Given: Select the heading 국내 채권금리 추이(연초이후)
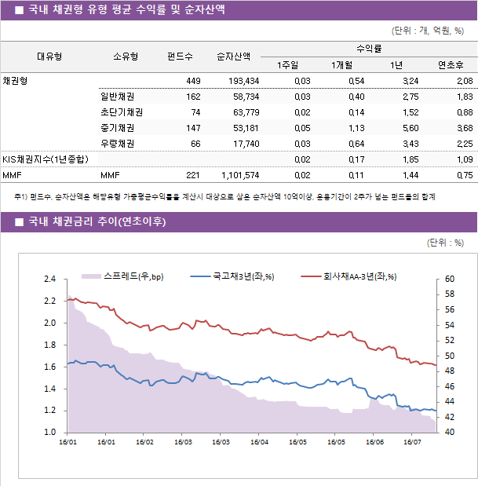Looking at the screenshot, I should (x=97, y=221).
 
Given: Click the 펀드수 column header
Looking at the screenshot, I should (x=180, y=56).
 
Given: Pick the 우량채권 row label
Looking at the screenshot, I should (x=117, y=144).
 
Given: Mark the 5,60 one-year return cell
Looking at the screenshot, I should (x=409, y=128).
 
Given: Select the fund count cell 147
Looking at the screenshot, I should (x=192, y=128).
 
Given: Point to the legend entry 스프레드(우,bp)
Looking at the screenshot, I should (x=133, y=276).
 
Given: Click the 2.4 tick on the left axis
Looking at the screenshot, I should (x=49, y=279).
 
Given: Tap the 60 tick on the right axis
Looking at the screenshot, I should (x=449, y=279).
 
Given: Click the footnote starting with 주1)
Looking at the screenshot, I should (x=224, y=196).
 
